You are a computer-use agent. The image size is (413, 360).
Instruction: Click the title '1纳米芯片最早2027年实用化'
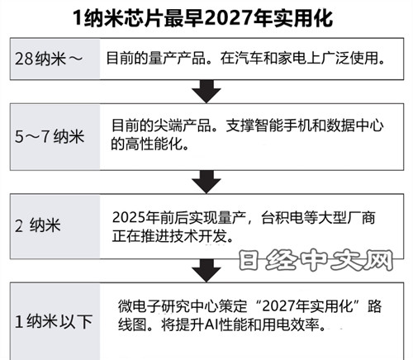tap(203, 18)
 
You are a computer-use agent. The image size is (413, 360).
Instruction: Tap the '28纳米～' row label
tap(49, 59)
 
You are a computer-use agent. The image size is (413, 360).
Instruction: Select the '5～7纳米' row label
tap(50, 136)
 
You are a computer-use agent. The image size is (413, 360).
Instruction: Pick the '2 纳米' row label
tap(38, 225)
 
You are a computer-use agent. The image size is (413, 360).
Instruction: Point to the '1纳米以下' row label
tap(54, 321)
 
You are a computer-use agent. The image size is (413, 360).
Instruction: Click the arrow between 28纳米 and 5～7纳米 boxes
tap(206, 92)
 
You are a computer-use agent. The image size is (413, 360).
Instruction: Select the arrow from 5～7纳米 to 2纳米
tap(206, 182)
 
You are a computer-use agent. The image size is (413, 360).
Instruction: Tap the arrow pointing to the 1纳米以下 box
tap(206, 270)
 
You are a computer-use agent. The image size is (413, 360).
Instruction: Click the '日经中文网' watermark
tap(316, 260)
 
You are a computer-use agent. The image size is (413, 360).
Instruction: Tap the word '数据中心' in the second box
tap(355, 126)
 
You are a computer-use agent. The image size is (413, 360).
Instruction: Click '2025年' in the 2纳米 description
tap(135, 217)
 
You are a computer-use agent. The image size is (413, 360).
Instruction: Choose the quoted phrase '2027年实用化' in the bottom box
tap(307, 306)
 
